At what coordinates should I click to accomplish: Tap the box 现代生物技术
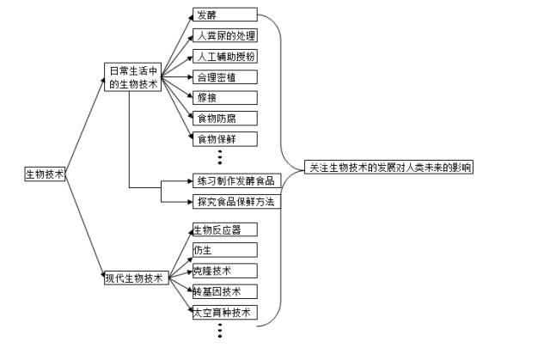134,278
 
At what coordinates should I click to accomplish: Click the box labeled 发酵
224,15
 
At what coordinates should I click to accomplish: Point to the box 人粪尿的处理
224,35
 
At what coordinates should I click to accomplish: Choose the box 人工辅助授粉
224,56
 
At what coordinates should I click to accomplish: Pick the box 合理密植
224,76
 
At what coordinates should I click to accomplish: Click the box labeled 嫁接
224,97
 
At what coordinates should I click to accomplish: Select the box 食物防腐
224,118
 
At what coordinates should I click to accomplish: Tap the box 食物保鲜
224,137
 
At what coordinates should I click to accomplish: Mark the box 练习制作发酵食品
234,180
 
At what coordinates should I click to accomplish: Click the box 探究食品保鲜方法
234,201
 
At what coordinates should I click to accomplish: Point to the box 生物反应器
224,229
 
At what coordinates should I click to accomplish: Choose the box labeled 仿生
224,250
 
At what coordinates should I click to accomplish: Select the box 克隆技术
224,271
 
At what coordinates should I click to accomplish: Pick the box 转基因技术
224,291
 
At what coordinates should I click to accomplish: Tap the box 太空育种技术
224,312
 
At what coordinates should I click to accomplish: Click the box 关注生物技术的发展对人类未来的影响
391,168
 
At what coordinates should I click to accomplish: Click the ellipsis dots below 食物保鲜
220,157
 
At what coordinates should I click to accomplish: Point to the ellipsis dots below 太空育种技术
220,331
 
